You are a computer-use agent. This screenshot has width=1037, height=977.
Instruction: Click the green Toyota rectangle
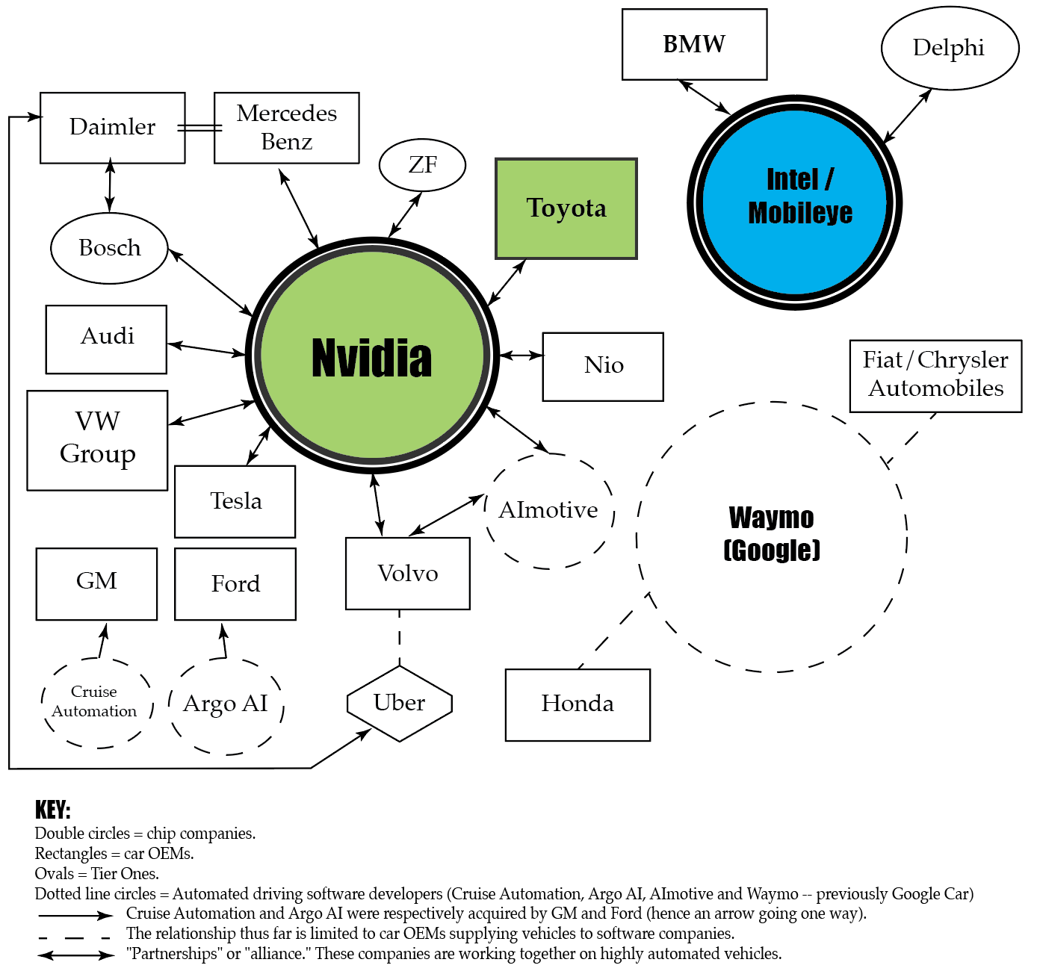click(566, 208)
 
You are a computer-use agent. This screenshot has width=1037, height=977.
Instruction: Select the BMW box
click(694, 44)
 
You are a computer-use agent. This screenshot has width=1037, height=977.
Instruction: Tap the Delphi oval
click(949, 48)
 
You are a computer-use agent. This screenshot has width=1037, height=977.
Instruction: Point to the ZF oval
click(423, 164)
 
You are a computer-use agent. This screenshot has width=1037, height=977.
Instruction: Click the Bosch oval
click(109, 248)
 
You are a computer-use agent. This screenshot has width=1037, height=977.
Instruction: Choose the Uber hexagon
click(400, 703)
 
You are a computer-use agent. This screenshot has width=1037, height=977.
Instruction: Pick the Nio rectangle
click(603, 366)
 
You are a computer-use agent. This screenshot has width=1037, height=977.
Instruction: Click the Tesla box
click(235, 501)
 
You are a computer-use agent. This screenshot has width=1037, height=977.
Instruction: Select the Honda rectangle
click(578, 704)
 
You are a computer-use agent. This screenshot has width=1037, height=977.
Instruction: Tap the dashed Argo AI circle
click(226, 704)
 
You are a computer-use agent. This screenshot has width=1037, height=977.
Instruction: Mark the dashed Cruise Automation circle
click(95, 702)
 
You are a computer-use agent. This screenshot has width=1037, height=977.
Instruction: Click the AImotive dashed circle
click(549, 510)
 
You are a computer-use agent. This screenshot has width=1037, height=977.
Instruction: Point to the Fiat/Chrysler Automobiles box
click(935, 375)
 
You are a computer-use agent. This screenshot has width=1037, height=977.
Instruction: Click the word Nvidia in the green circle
click(371, 358)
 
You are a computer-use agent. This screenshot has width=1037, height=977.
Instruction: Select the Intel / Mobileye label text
click(799, 196)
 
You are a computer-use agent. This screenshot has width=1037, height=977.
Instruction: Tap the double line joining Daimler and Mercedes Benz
click(199, 128)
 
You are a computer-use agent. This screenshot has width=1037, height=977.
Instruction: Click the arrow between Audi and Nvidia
click(206, 349)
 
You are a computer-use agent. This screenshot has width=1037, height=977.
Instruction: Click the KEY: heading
click(52, 810)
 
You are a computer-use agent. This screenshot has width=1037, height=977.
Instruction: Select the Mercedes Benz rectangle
click(286, 128)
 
